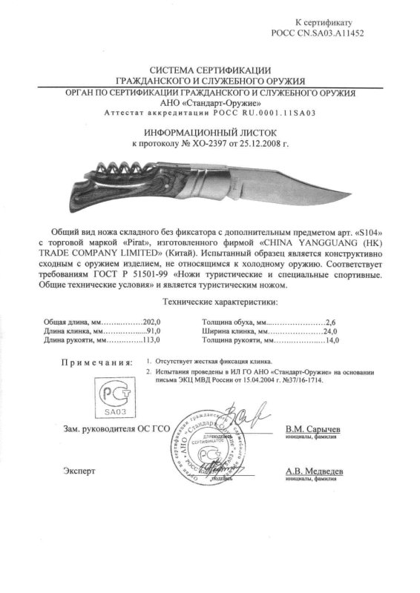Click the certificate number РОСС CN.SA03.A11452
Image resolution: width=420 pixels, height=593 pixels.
(321, 33)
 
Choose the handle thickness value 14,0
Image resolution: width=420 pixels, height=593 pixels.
(329, 342)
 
